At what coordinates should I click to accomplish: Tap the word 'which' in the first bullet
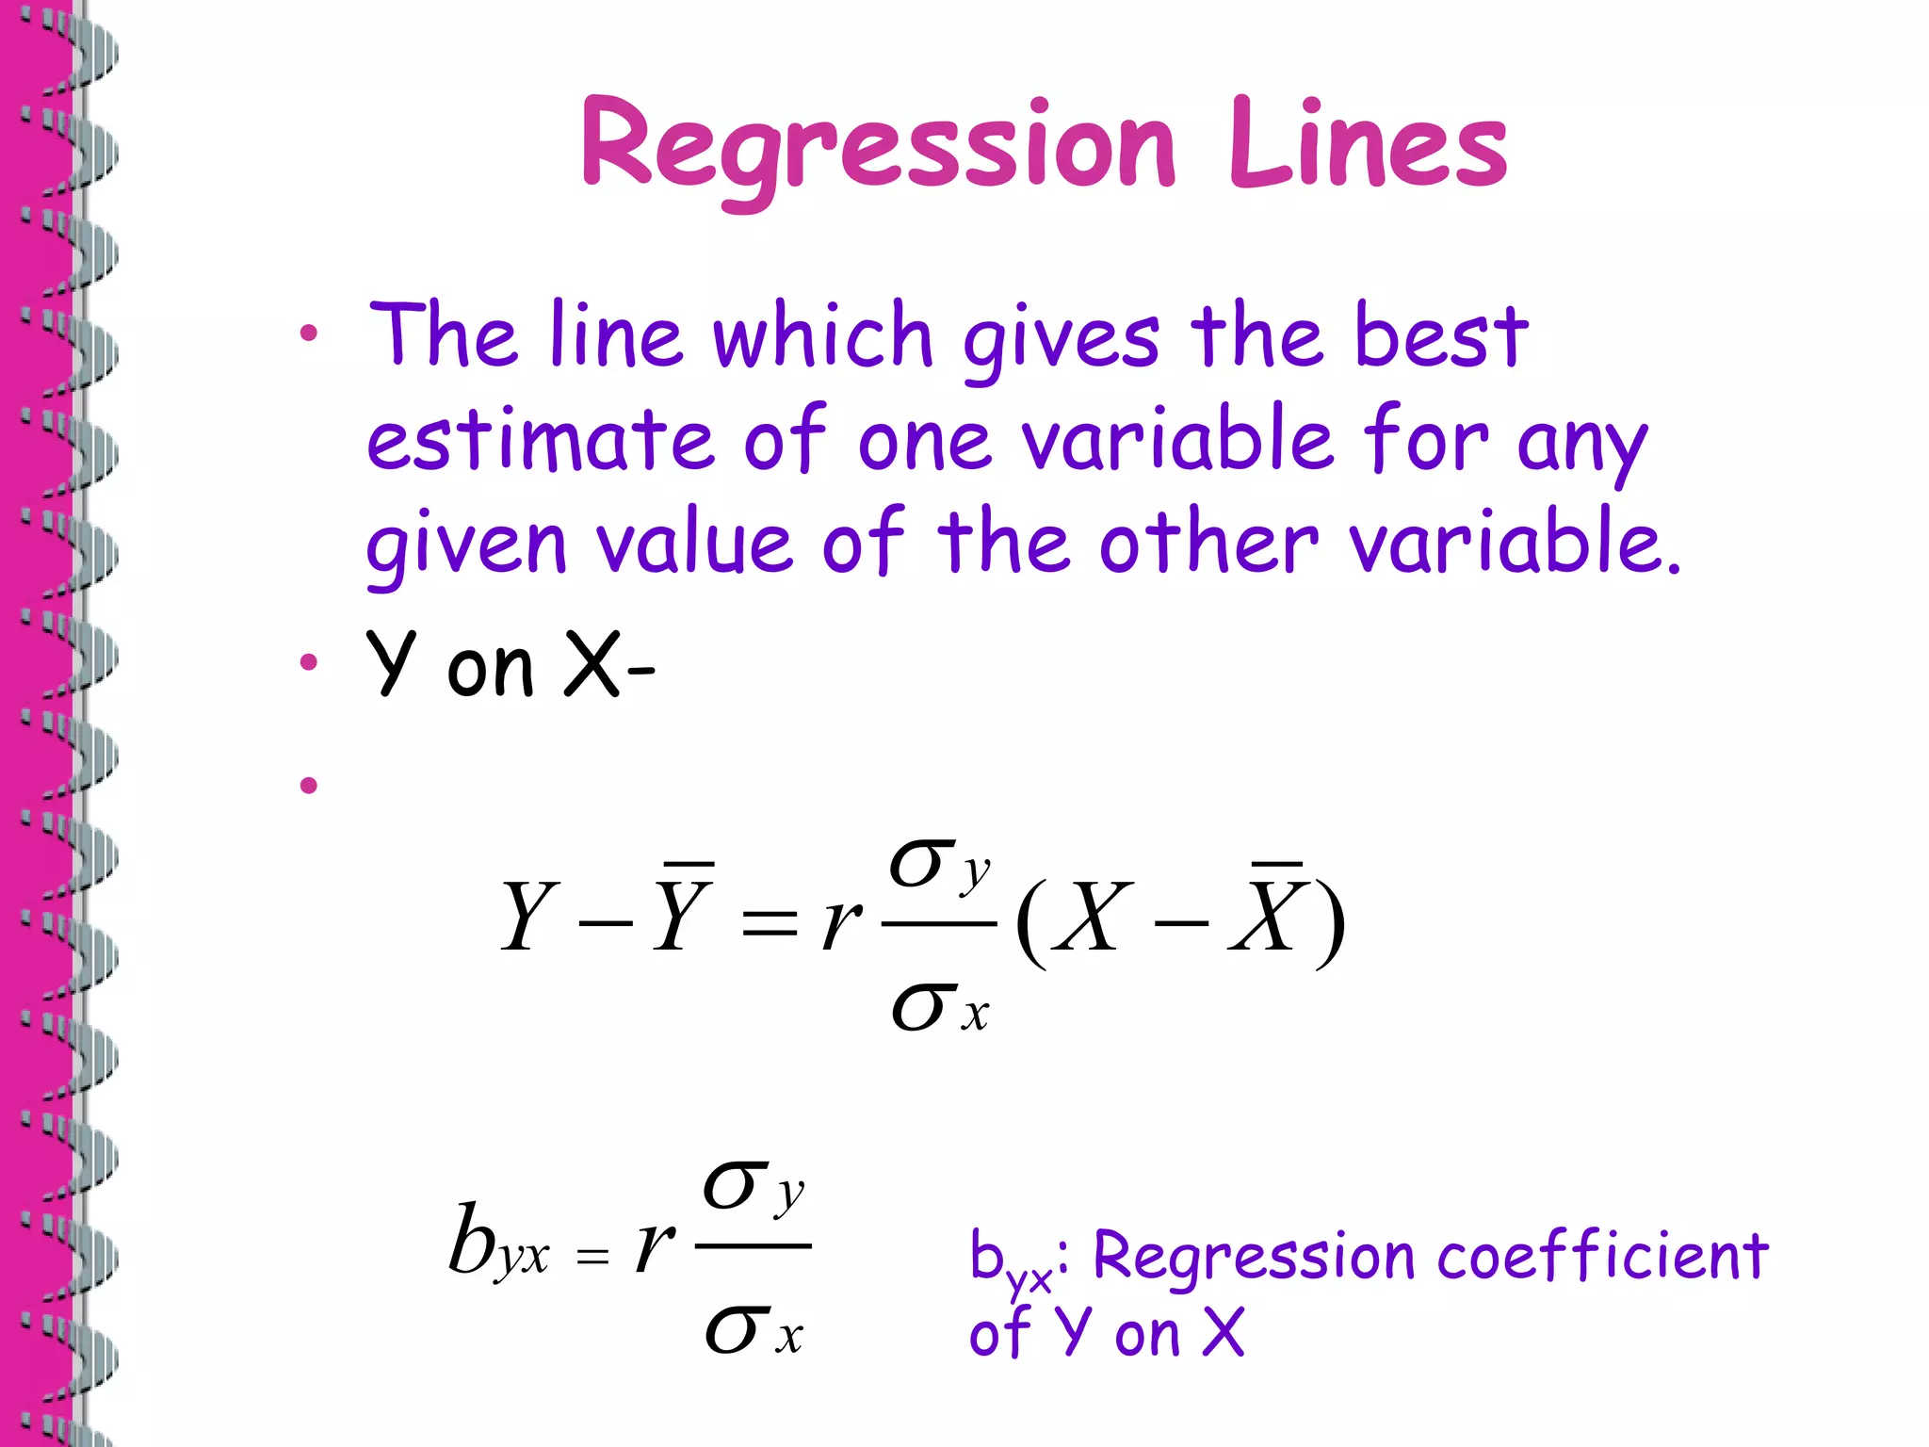(821, 336)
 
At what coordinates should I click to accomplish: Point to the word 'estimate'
(540, 440)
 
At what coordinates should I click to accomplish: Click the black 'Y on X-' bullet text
(510, 665)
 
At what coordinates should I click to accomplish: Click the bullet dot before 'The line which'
(308, 333)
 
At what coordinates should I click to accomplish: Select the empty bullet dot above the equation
(308, 784)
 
